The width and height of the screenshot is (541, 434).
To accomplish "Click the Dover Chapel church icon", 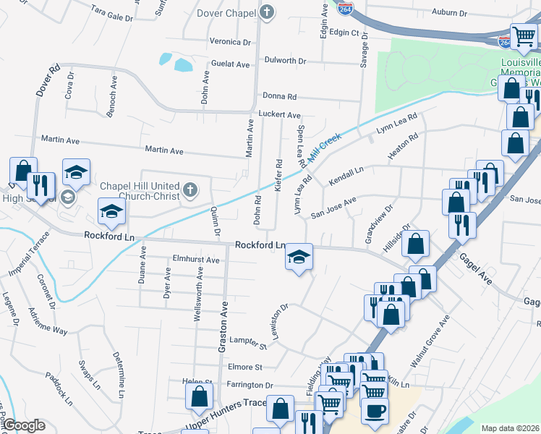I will [267, 12].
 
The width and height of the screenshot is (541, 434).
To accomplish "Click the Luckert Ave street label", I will [279, 115].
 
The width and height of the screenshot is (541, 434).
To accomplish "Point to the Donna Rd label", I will [280, 96].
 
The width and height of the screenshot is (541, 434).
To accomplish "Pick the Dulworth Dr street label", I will [286, 60].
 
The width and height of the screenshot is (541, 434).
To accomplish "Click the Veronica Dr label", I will [229, 42].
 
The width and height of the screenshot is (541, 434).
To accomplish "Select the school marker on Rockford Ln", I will [297, 257].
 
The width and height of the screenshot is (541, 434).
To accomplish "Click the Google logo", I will [24, 425].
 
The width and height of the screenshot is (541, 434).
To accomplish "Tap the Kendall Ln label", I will [346, 178].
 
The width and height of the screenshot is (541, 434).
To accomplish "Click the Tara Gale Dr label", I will [113, 11].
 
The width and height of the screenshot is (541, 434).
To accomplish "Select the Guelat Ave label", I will [230, 64].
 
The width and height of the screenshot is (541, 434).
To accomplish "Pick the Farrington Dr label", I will [249, 386].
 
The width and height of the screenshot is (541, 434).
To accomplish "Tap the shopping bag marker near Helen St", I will [199, 396].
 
